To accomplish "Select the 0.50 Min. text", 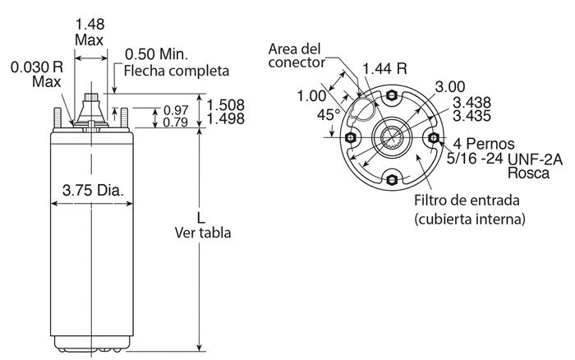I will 156,54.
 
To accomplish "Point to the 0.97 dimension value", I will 177,110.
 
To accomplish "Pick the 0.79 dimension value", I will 177,122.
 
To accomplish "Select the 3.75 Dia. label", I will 92,192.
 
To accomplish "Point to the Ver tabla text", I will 203,233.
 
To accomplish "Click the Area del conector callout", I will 297,55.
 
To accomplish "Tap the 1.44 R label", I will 385,68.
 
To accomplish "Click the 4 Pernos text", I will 481,143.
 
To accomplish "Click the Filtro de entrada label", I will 466,200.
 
